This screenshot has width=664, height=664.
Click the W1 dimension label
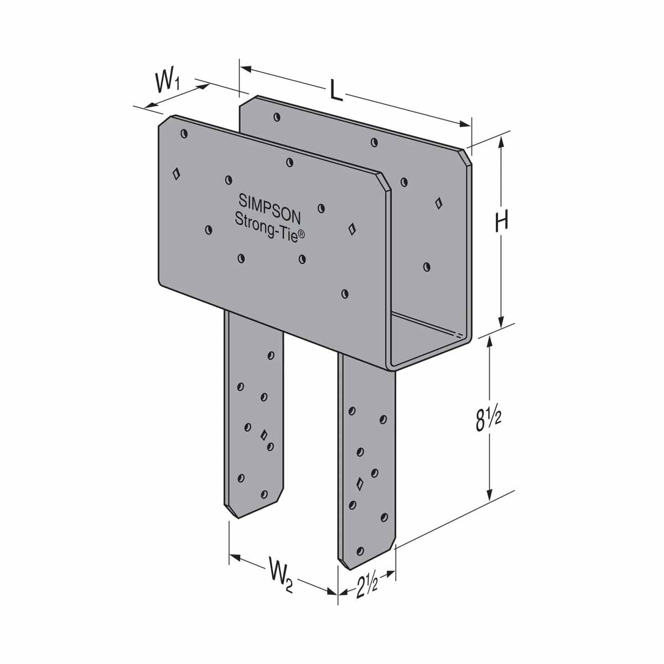[167, 82]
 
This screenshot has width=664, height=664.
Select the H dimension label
[501, 222]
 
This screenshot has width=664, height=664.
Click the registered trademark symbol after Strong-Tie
[302, 235]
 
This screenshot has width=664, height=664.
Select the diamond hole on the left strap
[263, 434]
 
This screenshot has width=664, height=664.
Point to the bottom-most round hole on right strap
[360, 551]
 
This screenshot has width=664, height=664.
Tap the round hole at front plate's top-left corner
[184, 133]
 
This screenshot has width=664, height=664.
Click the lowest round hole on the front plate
[345, 294]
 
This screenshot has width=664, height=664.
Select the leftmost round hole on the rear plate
[276, 117]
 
